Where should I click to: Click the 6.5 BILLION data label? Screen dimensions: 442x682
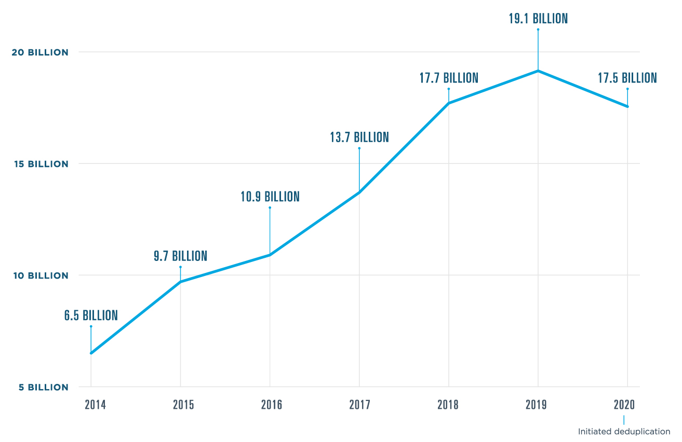click(91, 315)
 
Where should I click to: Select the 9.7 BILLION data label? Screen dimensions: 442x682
click(180, 256)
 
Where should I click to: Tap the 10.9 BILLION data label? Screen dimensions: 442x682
click(270, 197)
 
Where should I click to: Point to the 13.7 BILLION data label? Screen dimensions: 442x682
click(359, 137)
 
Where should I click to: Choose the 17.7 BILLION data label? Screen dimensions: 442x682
click(449, 78)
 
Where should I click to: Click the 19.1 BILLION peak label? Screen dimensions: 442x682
click(538, 19)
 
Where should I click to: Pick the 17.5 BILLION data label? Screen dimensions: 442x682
click(627, 78)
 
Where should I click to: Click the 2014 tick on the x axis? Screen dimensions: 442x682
click(95, 405)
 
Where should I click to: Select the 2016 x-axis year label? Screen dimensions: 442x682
click(272, 405)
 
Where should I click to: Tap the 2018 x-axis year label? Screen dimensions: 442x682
click(448, 405)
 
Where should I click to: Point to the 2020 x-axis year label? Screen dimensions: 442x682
click(624, 405)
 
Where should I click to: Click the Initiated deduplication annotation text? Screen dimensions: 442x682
click(624, 431)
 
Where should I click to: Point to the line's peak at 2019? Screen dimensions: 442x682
click(538, 71)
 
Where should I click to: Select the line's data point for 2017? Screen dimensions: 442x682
click(359, 192)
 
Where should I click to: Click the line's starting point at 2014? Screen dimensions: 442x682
click(91, 353)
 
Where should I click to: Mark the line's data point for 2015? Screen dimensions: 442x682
click(180, 282)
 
